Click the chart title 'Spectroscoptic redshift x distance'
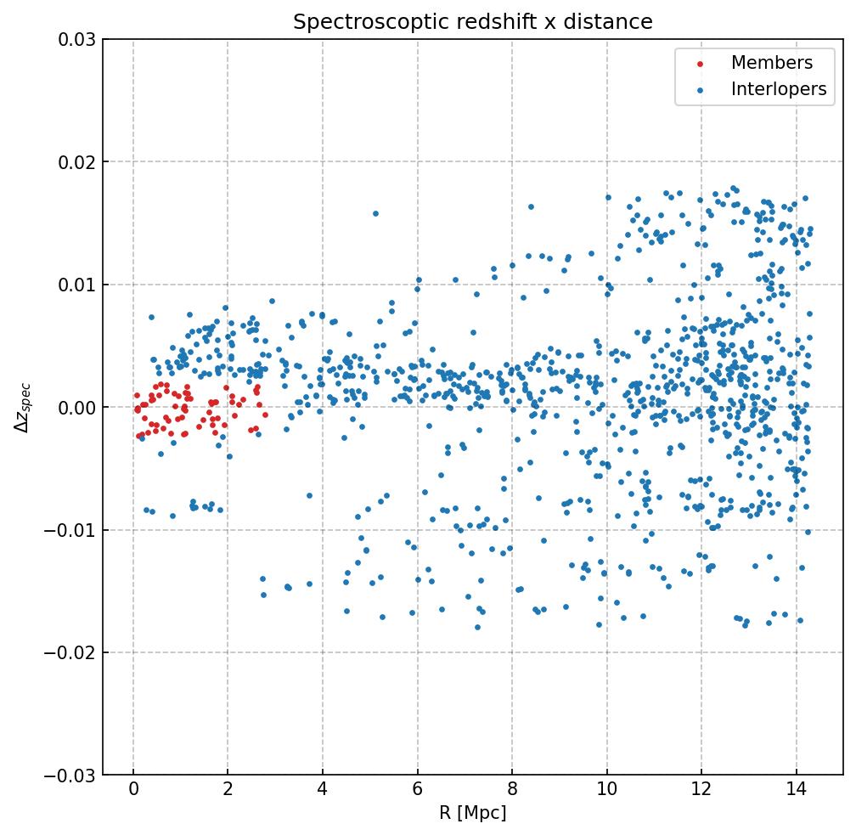click(x=473, y=22)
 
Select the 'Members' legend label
click(x=772, y=63)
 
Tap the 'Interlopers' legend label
click(x=779, y=89)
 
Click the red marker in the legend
click(x=701, y=64)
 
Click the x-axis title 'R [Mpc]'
click(x=473, y=813)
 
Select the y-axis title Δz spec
click(x=23, y=407)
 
